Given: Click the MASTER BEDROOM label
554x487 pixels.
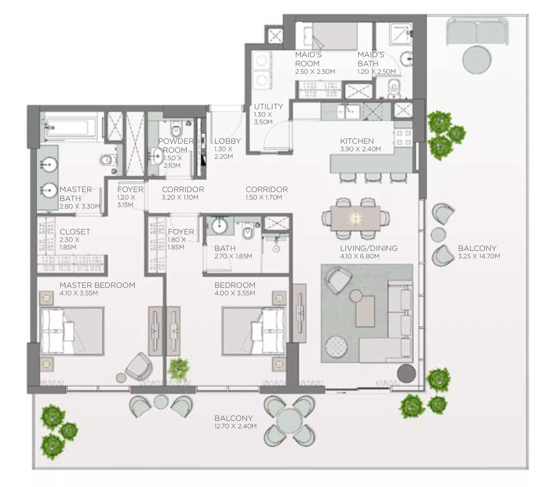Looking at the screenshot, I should [97, 285].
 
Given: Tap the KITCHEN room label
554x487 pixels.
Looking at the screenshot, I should [357, 141].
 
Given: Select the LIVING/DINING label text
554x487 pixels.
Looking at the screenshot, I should [368, 248].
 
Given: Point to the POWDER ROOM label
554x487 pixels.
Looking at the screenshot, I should [175, 145].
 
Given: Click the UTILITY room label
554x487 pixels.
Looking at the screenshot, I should [268, 106].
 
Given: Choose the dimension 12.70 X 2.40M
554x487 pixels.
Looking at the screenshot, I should [235, 426].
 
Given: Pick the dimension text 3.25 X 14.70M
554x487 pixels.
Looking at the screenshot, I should [479, 256].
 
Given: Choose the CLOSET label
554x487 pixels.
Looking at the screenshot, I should [75, 232].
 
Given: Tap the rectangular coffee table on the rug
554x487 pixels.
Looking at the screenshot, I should [365, 310].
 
